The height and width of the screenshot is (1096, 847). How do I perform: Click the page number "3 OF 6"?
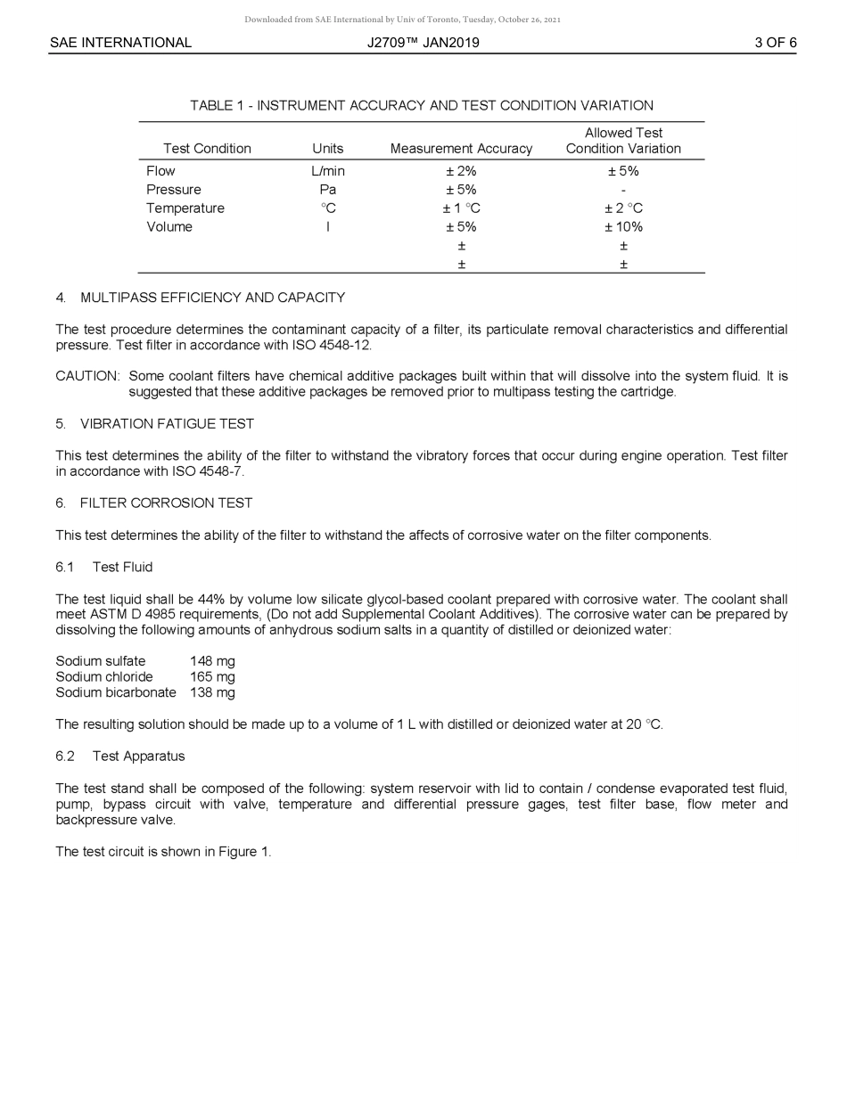[775, 43]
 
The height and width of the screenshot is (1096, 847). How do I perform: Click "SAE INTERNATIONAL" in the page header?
[120, 43]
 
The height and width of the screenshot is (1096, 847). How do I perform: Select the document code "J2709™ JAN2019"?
[423, 43]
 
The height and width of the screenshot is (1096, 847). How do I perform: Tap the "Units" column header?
[327, 149]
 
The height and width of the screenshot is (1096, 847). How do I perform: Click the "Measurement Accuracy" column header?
[461, 149]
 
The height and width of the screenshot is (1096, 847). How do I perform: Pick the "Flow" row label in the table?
[160, 171]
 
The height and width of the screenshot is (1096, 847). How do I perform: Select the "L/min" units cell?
[327, 171]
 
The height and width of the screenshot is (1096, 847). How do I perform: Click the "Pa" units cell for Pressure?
[327, 190]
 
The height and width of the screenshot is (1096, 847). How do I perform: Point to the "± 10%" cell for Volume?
[623, 227]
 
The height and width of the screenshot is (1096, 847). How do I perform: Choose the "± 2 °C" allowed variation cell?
[623, 209]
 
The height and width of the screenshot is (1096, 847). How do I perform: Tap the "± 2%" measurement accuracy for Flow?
[461, 171]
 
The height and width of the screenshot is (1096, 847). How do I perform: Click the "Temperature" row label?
[185, 209]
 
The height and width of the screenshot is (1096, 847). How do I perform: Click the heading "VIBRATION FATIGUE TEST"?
[167, 424]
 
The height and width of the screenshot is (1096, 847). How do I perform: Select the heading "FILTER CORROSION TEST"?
[166, 503]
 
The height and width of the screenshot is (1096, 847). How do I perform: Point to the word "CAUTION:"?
[87, 376]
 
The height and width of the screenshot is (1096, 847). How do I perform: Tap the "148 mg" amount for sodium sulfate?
[212, 661]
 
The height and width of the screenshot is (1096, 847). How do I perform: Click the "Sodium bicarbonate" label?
[116, 692]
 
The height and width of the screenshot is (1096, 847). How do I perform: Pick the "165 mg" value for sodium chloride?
[212, 677]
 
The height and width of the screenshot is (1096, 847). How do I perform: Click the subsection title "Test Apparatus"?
[138, 757]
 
